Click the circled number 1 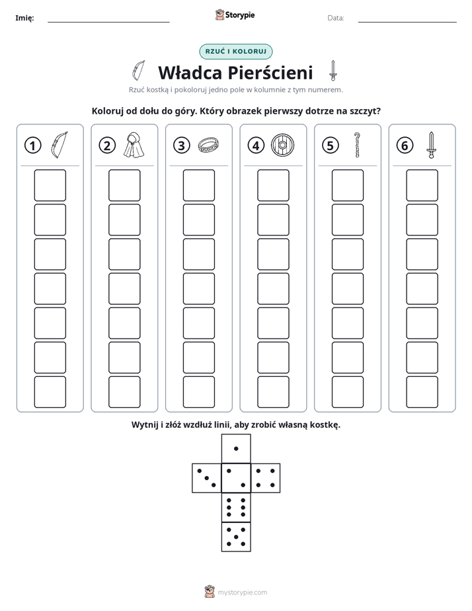[32, 145]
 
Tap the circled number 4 [256, 145]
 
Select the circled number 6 [405, 145]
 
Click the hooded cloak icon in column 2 [134, 145]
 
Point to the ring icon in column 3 [208, 145]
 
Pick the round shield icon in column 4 [283, 145]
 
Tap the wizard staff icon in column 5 [357, 145]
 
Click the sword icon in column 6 [431, 145]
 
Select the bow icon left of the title [139, 71]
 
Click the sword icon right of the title [333, 71]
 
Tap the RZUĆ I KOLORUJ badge [236, 52]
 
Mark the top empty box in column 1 [50, 185]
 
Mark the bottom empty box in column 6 [422, 392]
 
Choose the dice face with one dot [236, 448]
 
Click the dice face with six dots [236, 507]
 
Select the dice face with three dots [207, 478]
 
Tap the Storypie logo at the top [235, 15]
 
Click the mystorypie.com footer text [242, 592]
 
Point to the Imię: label [24, 18]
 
